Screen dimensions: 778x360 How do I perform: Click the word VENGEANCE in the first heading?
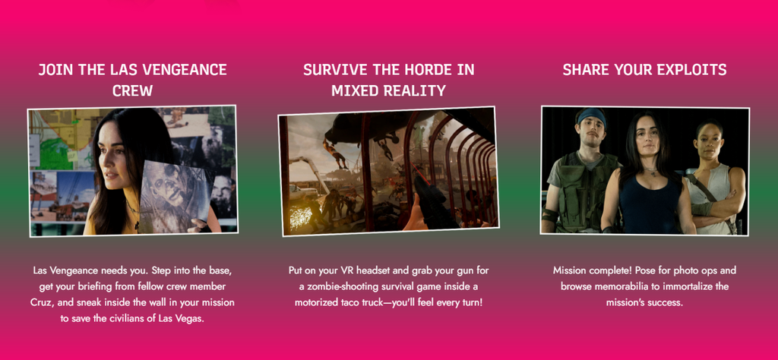point(185,69)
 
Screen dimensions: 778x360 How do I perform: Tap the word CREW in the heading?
point(132,90)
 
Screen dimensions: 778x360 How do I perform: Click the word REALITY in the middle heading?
point(416,90)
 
